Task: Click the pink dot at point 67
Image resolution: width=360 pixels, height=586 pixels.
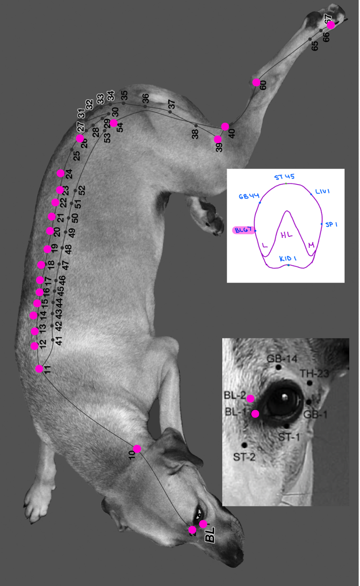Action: click(x=331, y=25)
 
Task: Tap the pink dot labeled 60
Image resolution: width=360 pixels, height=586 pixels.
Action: click(x=256, y=82)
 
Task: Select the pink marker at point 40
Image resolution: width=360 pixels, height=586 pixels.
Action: click(x=225, y=126)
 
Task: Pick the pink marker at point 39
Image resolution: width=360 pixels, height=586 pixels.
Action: click(x=218, y=139)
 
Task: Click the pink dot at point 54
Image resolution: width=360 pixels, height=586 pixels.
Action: click(x=113, y=123)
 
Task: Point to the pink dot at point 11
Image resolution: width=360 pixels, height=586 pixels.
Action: click(x=39, y=369)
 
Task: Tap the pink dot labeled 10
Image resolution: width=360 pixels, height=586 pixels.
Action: click(x=137, y=449)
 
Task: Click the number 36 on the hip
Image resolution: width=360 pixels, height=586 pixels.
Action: click(x=145, y=99)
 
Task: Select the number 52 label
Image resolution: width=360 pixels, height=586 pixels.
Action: click(x=82, y=190)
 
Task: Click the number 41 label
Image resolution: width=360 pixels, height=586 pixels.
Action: click(x=59, y=341)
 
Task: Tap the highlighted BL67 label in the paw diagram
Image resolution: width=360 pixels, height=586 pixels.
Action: click(x=243, y=230)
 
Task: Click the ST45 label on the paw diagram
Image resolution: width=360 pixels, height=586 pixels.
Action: click(x=285, y=177)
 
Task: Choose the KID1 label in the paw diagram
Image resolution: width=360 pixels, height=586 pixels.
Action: click(x=288, y=259)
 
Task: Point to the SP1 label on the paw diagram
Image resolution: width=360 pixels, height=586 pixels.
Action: click(x=331, y=225)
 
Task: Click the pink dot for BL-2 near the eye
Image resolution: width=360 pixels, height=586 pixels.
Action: click(x=250, y=398)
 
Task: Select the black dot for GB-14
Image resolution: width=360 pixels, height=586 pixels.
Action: click(x=278, y=367)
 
